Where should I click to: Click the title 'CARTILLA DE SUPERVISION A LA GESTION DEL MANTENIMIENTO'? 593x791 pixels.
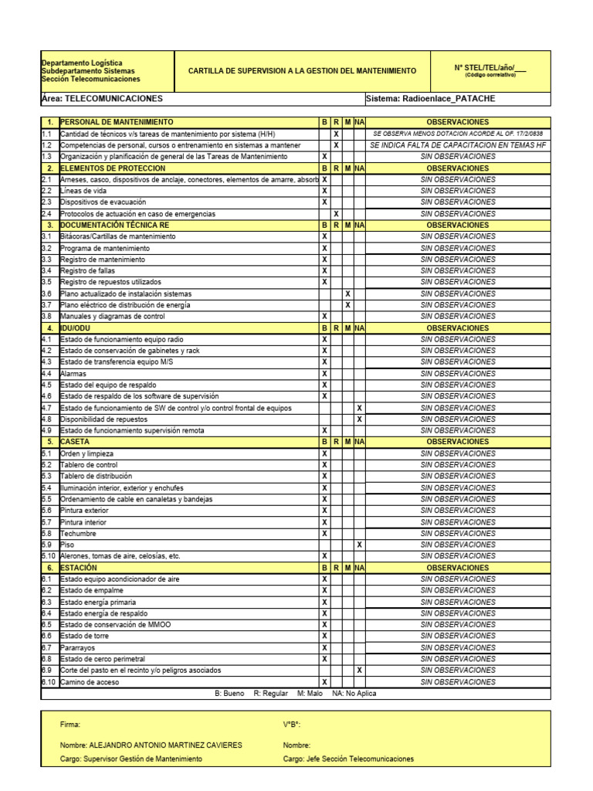tap(302, 71)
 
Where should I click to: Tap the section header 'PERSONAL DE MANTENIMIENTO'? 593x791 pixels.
tap(117, 122)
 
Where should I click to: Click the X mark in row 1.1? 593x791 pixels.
tap(336, 134)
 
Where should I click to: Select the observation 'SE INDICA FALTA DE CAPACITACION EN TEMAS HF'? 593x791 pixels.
tap(458, 145)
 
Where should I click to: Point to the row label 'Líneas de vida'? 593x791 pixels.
tap(83, 191)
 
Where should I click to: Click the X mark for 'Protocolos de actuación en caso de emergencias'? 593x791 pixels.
tap(336, 214)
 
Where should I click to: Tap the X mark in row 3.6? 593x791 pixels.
tap(347, 294)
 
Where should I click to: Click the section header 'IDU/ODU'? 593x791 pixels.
tap(75, 328)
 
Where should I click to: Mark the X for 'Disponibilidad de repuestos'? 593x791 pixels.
tap(359, 419)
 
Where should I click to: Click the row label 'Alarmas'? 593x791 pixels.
tap(73, 374)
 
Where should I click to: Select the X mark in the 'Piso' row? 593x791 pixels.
tap(359, 545)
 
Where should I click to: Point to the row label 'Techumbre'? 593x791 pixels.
tap(78, 533)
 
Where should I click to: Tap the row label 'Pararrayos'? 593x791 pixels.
tap(79, 648)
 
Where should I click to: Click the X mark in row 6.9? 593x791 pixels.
tap(359, 670)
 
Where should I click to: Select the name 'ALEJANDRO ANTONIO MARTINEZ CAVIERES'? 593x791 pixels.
tap(166, 745)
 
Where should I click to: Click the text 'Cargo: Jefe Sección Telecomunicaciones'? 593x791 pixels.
tap(348, 759)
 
